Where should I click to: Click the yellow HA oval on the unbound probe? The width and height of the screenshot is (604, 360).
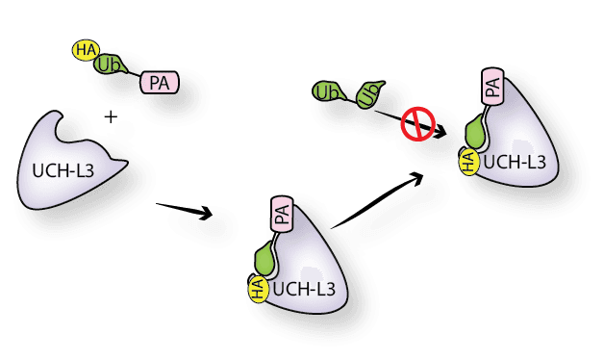click(x=85, y=50)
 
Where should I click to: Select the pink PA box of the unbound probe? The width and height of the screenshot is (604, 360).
click(x=159, y=84)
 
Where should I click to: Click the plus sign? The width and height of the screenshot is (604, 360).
click(x=111, y=116)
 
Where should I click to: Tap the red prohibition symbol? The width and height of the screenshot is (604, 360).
click(x=417, y=125)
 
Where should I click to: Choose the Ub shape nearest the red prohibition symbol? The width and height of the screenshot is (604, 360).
click(x=368, y=94)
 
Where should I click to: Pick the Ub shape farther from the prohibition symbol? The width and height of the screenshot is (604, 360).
click(x=326, y=92)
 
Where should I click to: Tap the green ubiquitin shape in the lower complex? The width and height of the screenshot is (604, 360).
click(x=265, y=259)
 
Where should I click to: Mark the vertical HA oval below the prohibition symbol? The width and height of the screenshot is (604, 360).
click(x=468, y=161)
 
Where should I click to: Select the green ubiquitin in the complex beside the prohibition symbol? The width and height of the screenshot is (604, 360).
click(x=475, y=133)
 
